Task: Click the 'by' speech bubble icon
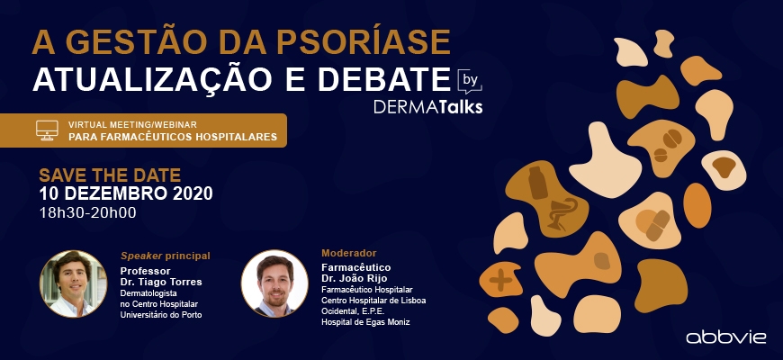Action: click(470, 81)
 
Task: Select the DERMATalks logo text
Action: click(428, 107)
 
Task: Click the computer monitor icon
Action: click(47, 130)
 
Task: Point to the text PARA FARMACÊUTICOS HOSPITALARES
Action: click(173, 137)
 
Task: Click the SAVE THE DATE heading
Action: click(110, 175)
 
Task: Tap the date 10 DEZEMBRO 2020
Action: click(126, 193)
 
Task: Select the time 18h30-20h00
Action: click(88, 212)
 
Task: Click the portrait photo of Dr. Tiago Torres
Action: click(73, 283)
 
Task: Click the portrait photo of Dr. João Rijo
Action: click(274, 283)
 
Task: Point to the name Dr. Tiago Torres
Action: click(161, 282)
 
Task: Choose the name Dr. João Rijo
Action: click(355, 279)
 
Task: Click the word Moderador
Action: click(349, 253)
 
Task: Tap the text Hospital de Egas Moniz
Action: click(365, 322)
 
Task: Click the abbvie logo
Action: click(726, 337)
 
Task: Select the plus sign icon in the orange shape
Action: click(500, 280)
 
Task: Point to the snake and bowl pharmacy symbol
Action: click(562, 214)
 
